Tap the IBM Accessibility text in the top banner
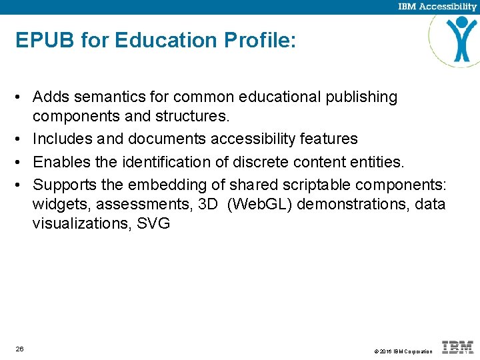tap(437, 7)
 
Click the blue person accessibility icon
tap(462, 38)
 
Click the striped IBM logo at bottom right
tap(458, 347)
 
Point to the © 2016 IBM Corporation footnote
tap(403, 351)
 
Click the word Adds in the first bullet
tap(50, 97)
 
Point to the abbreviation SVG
tap(153, 224)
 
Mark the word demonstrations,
tap(353, 203)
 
